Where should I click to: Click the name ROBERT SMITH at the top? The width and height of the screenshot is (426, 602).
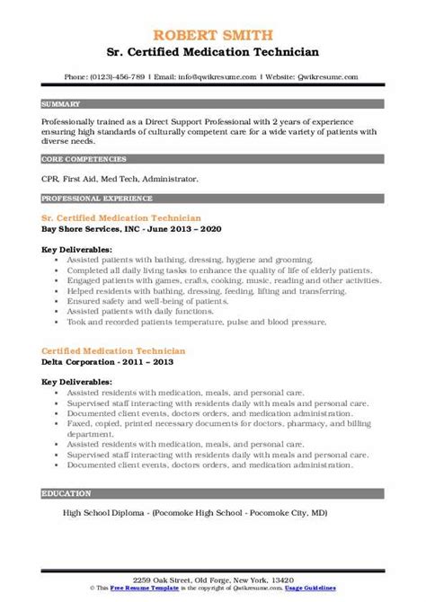[213, 11]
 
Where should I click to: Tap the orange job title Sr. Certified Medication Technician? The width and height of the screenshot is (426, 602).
[120, 218]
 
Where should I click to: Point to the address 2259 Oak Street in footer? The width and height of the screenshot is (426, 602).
[212, 580]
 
